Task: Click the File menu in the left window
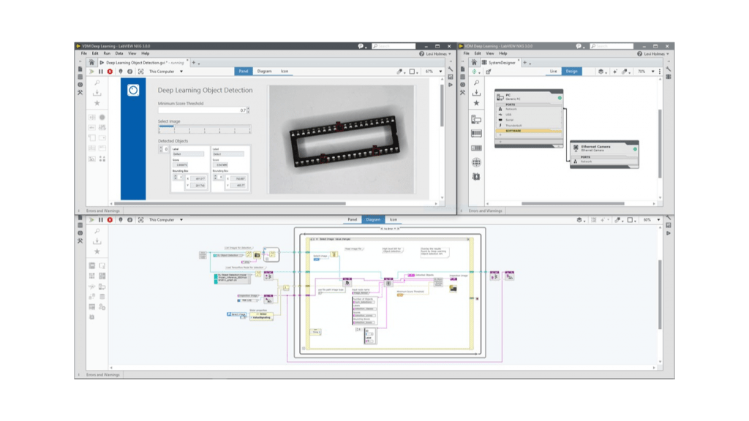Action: coord(84,53)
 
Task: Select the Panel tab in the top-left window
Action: coord(244,71)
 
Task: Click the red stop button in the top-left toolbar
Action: coord(110,72)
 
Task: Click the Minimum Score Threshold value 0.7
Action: coord(242,110)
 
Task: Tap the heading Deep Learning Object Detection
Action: coord(205,90)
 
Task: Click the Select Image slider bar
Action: coord(204,129)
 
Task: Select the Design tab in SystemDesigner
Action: coord(571,72)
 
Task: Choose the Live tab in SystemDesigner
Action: coord(554,72)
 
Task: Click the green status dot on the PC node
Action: coord(560,97)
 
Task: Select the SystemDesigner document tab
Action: coord(502,63)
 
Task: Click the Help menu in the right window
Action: coord(503,53)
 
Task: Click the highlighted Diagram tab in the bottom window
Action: coord(373,219)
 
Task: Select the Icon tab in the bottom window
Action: coord(393,219)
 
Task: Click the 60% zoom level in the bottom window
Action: coord(647,219)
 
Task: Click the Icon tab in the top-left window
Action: coord(285,71)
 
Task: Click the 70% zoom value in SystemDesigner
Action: coord(641,72)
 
